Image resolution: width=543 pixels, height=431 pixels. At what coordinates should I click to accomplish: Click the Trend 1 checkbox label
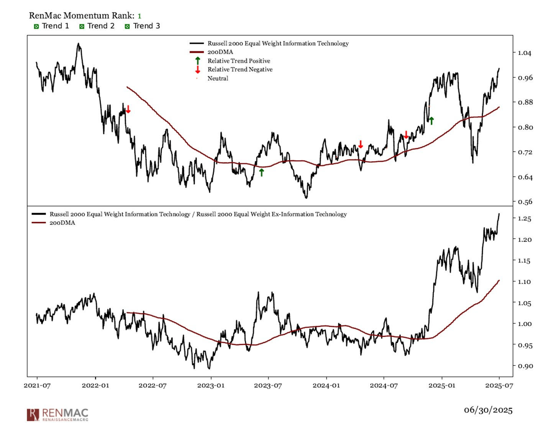click(x=55, y=26)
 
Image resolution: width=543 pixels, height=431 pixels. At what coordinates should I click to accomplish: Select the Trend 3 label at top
click(x=146, y=26)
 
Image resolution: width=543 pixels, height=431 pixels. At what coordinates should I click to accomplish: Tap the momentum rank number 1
click(x=139, y=16)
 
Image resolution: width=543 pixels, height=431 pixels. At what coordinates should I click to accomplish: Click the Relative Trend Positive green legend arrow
click(x=198, y=61)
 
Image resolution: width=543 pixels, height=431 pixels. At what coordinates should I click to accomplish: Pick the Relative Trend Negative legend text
click(x=240, y=69)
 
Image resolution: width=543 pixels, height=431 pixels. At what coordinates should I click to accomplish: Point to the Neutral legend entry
click(x=218, y=78)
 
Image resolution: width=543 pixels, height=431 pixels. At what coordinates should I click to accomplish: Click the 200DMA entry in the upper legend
click(x=220, y=52)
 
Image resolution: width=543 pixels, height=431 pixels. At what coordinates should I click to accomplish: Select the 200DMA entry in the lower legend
click(x=62, y=223)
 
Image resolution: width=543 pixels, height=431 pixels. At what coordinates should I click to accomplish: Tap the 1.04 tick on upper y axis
click(x=524, y=53)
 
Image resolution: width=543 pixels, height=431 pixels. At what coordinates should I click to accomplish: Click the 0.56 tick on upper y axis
click(x=524, y=202)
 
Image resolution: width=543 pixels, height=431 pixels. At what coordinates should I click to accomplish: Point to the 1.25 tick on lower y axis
click(x=524, y=219)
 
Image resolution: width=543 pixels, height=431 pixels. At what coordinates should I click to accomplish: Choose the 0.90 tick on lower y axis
click(x=524, y=366)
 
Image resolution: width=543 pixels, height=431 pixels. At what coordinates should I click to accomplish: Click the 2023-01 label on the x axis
click(x=210, y=385)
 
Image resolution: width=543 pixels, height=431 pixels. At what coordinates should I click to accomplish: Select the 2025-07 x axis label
click(x=499, y=385)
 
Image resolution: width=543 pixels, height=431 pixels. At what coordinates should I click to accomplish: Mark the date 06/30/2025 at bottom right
click(x=488, y=410)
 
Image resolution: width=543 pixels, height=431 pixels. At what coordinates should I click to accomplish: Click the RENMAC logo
click(x=57, y=415)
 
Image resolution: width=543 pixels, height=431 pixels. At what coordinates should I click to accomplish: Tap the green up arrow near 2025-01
click(x=431, y=121)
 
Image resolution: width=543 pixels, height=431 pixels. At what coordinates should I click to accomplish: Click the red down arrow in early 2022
click(x=128, y=109)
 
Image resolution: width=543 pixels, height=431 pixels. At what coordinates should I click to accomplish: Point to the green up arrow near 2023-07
click(x=261, y=172)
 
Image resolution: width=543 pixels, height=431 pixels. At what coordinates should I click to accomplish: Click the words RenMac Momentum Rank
click(x=82, y=16)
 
